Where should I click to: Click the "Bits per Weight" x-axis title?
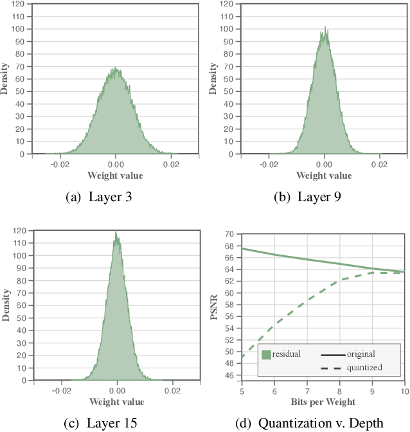coord(323,401)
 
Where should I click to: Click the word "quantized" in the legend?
coord(364,367)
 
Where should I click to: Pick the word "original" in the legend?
coord(361,354)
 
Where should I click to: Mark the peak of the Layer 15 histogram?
coord(116,232)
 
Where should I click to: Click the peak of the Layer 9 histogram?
coord(325,28)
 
